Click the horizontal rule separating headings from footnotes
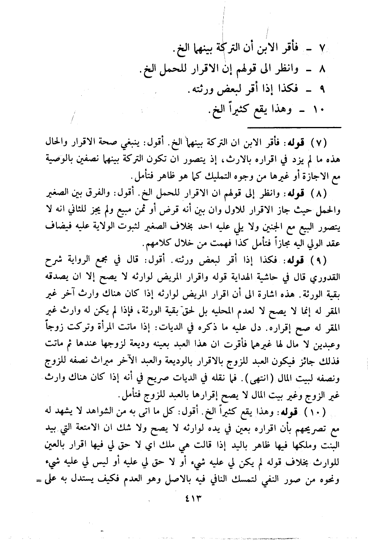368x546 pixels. pyautogui.click(x=294, y=127)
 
